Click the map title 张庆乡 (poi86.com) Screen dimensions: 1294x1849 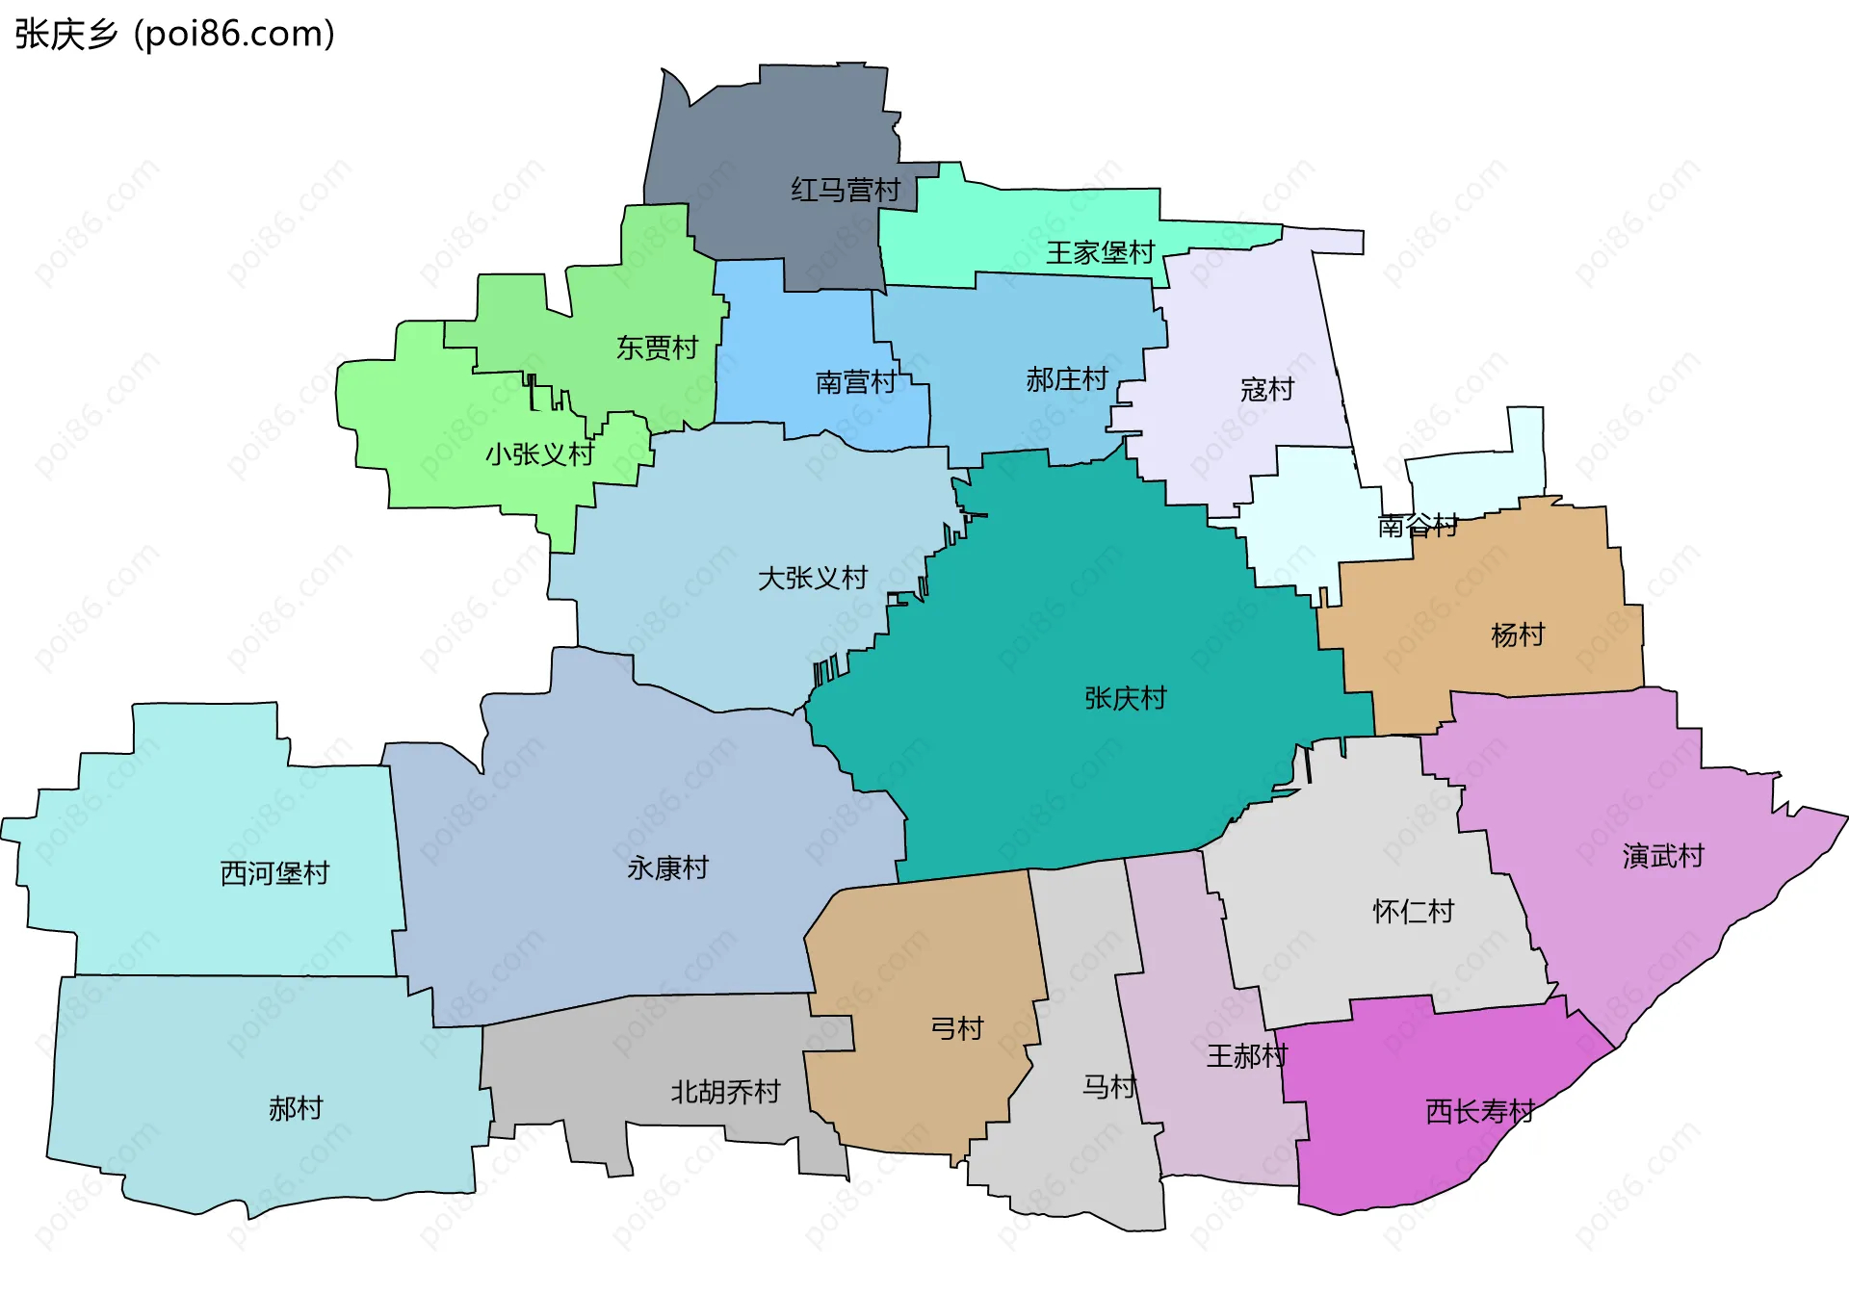tap(174, 35)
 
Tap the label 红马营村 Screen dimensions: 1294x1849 tap(846, 190)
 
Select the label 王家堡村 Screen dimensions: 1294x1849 tap(1100, 252)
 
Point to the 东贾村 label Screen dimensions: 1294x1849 tap(657, 348)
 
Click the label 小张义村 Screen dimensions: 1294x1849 tap(539, 453)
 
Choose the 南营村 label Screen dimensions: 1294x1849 tap(855, 382)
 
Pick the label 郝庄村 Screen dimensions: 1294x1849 tap(1067, 379)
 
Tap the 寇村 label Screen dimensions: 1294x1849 tap(1266, 389)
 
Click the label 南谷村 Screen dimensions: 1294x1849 tap(1418, 526)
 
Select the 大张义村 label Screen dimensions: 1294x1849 tap(813, 578)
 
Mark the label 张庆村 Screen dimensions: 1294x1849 tap(1125, 698)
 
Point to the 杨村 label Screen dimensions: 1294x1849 tap(1517, 634)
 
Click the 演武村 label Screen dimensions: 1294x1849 tap(1662, 855)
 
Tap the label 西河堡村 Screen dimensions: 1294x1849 tap(274, 873)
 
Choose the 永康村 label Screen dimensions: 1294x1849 tap(667, 868)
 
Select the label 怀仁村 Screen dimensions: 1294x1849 tap(1413, 911)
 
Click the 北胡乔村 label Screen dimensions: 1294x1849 tap(725, 1092)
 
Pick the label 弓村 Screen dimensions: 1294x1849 tap(956, 1028)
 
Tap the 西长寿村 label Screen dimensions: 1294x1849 tap(1479, 1112)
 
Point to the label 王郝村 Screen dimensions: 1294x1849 tap(1246, 1056)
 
